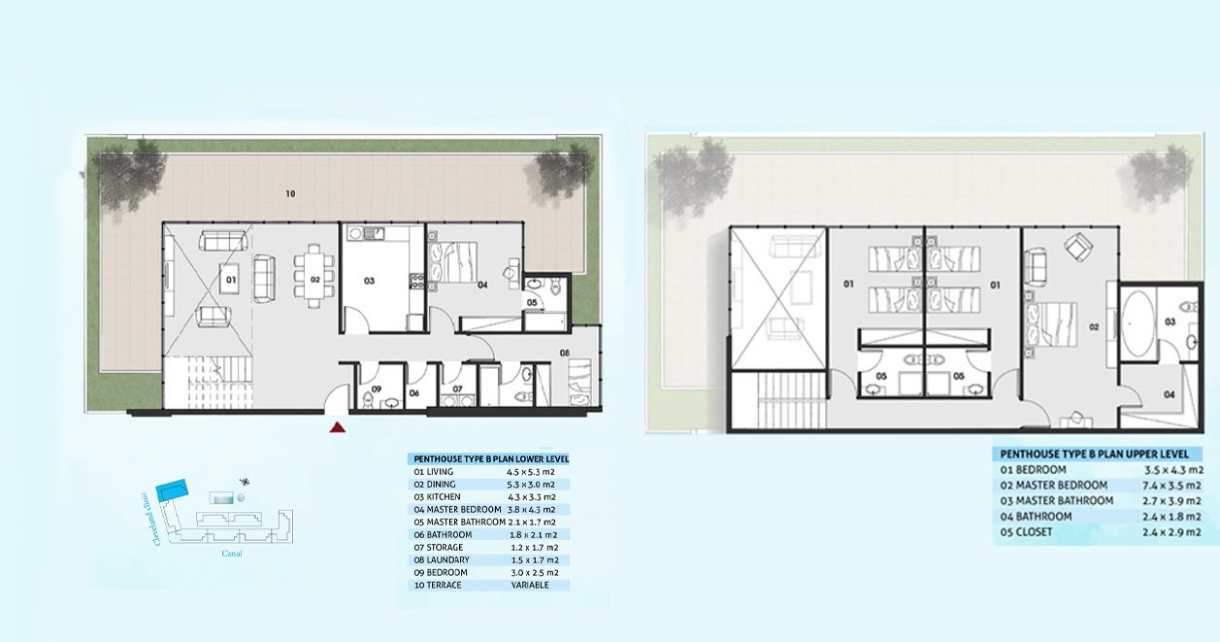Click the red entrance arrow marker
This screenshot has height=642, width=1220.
[x=337, y=427]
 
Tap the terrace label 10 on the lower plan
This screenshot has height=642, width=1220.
[x=291, y=193]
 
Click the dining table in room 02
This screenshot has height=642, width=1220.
[x=314, y=277]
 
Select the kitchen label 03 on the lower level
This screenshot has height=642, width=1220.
[x=369, y=281]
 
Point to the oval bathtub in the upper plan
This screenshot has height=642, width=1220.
[x=1137, y=323]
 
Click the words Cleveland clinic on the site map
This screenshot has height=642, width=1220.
[x=158, y=519]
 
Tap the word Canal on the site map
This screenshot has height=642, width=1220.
[x=232, y=554]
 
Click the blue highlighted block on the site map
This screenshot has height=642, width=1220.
[x=172, y=490]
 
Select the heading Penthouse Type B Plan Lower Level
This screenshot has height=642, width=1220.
[x=491, y=458]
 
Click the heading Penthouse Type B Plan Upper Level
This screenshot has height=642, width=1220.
[x=1094, y=454]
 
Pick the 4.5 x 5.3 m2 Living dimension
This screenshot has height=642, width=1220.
[x=531, y=472]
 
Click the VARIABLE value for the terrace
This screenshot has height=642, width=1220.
[x=530, y=585]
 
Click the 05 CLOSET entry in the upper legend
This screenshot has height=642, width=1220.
[x=1026, y=532]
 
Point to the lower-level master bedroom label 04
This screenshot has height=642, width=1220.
[x=482, y=285]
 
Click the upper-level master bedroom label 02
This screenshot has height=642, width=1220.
[x=1094, y=327]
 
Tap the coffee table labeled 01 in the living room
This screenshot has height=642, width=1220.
[x=229, y=279]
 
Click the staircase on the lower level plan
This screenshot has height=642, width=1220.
[x=209, y=383]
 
